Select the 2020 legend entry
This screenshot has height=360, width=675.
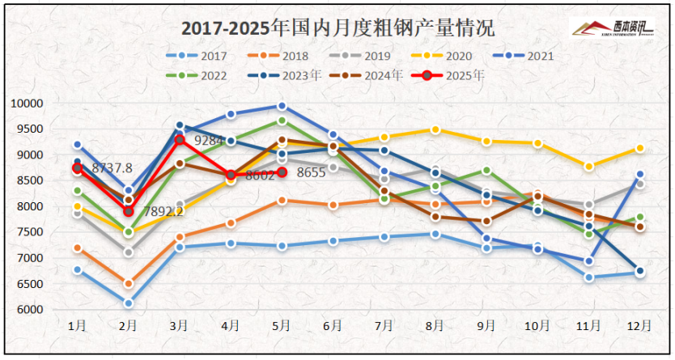click(450, 56)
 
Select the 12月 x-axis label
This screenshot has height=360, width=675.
click(639, 325)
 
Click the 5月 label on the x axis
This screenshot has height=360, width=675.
click(282, 325)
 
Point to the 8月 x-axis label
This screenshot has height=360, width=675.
click(435, 325)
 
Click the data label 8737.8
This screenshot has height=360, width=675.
click(112, 168)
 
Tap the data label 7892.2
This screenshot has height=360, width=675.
click(162, 211)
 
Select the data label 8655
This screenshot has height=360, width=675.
click(310, 172)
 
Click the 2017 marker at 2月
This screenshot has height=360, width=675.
click(128, 303)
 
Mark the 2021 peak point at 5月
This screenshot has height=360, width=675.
click(282, 106)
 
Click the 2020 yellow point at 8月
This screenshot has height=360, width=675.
click(435, 129)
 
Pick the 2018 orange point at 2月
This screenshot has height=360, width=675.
click(128, 283)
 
